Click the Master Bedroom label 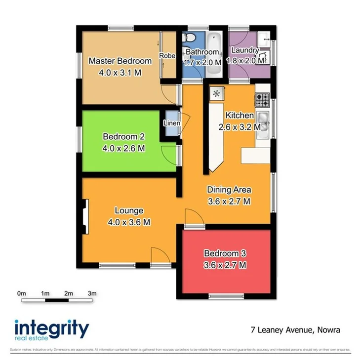pyautogui.click(x=120, y=61)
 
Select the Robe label pyautogui.click(x=167, y=56)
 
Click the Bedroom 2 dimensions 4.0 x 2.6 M pyautogui.click(x=123, y=147)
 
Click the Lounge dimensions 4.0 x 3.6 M pyautogui.click(x=128, y=222)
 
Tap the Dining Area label pyautogui.click(x=229, y=190)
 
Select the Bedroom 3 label pyautogui.click(x=225, y=254)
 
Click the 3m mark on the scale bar pyautogui.click(x=92, y=293)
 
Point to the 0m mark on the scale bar pyautogui.click(x=21, y=293)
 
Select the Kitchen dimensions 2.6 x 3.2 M pyautogui.click(x=240, y=126)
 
